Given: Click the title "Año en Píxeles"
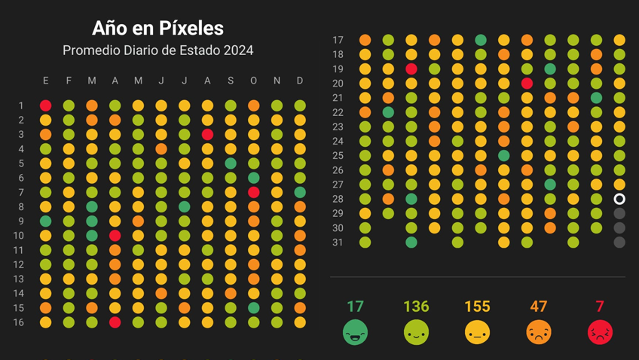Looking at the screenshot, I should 157,29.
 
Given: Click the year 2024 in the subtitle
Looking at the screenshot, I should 238,51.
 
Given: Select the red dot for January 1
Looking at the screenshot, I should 46,106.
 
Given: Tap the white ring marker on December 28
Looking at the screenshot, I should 619,200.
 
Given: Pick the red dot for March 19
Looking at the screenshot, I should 411,69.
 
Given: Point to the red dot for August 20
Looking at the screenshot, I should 527,84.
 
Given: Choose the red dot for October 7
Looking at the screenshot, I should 254,193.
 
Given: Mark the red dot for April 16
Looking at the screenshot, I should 115,322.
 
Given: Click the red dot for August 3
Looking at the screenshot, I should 208,135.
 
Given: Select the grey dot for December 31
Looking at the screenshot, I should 619,243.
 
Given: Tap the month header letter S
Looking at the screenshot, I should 231,81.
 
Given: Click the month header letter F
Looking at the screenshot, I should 69,81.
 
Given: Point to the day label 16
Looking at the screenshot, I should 18,322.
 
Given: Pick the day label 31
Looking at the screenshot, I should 338,243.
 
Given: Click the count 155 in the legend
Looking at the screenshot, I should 477,307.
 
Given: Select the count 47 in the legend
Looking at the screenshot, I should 539,307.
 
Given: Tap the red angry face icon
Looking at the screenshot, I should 600,332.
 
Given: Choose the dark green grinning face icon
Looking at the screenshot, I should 355,332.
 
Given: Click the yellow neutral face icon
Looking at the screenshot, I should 477,332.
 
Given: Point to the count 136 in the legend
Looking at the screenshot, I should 416,307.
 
